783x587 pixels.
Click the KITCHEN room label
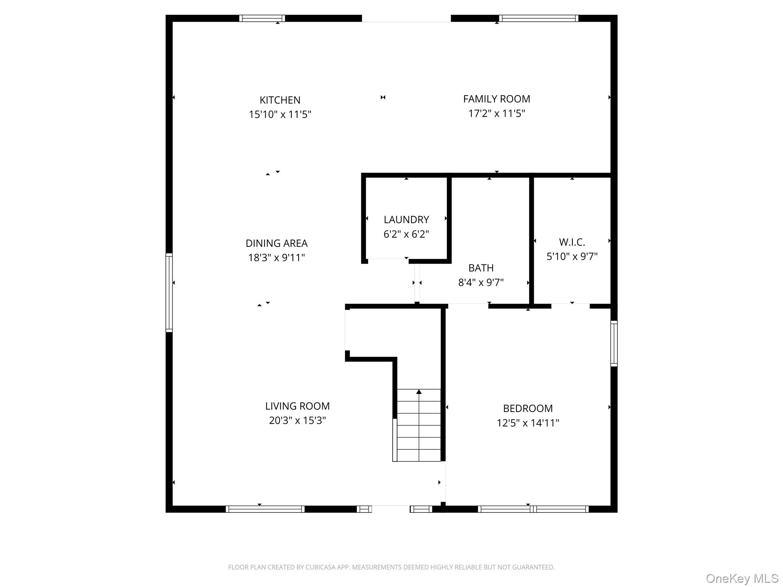pos(280,100)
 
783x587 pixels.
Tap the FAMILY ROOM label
pos(496,99)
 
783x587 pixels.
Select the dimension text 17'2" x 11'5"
pos(496,114)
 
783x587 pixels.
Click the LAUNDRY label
pos(406,220)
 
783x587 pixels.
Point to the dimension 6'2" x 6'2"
pos(406,234)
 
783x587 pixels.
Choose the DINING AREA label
pos(276,243)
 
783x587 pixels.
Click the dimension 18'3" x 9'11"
pos(276,258)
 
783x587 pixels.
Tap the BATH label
pos(481,268)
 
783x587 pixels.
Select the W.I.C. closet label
pos(572,242)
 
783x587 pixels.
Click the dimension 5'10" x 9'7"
pos(572,256)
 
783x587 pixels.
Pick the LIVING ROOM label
pos(297,406)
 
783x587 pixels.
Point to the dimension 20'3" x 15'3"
pos(297,420)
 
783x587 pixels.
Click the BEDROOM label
pos(528,409)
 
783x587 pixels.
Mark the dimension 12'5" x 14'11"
pos(528,423)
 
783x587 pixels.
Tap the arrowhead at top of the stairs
pos(419,392)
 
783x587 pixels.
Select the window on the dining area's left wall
pos(169,292)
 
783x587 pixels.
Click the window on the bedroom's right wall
pos(614,344)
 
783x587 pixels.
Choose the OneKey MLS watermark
pos(742,579)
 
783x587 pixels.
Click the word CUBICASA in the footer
pos(320,567)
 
